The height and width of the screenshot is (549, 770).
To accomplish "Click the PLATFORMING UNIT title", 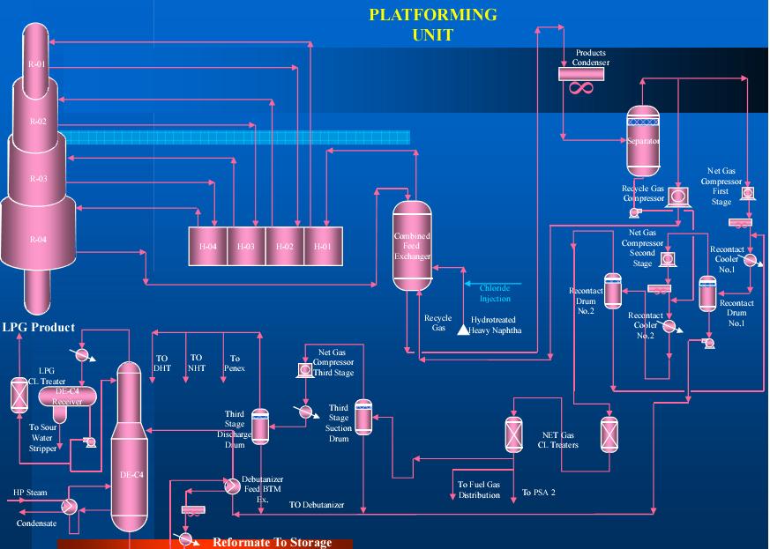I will click(432, 25).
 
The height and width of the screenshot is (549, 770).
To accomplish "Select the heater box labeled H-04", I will click(208, 246).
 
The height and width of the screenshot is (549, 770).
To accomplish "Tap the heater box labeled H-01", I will click(323, 246).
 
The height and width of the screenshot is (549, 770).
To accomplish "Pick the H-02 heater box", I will click(284, 246).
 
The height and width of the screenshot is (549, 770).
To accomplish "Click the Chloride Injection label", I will click(495, 293).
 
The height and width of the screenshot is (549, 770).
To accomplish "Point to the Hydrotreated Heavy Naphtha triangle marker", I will click(462, 330).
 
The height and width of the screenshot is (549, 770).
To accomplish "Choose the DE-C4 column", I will click(128, 449).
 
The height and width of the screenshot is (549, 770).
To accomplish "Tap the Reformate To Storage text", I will click(272, 542).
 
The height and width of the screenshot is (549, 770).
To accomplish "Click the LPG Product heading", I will click(38, 327).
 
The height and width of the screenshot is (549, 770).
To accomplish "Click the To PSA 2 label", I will click(539, 493).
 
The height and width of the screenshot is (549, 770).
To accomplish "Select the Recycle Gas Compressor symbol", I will click(677, 196).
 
